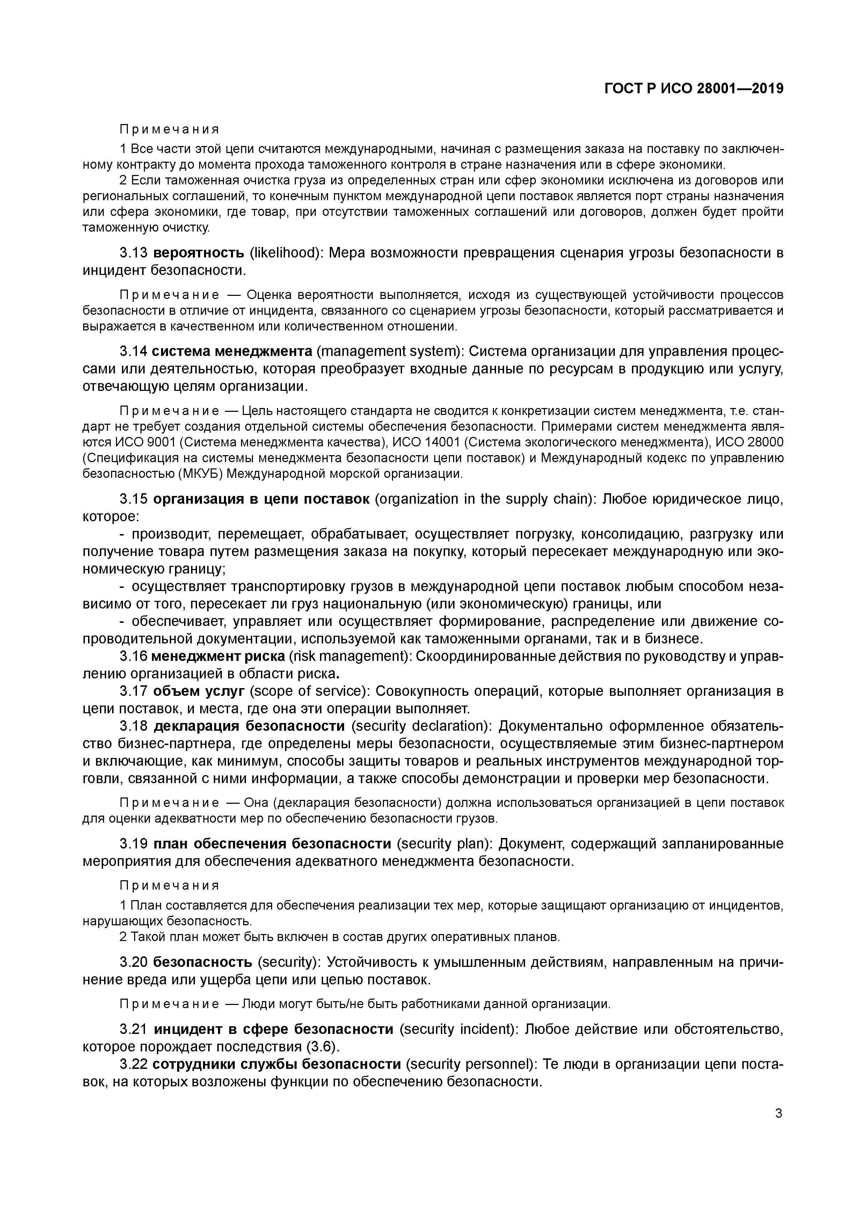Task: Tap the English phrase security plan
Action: [444, 844]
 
